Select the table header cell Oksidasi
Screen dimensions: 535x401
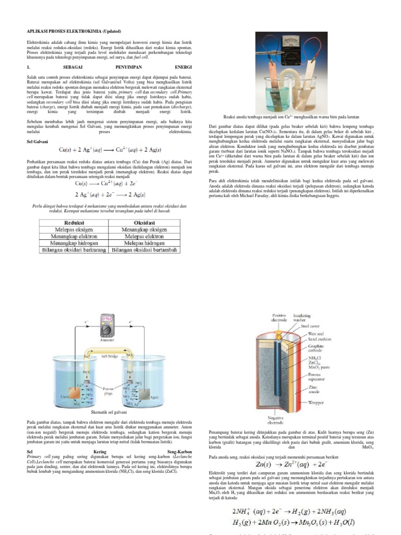[x=147, y=222]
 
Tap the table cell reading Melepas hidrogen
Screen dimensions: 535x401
[x=147, y=242]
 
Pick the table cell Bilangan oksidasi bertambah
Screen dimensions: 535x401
[x=147, y=250]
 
